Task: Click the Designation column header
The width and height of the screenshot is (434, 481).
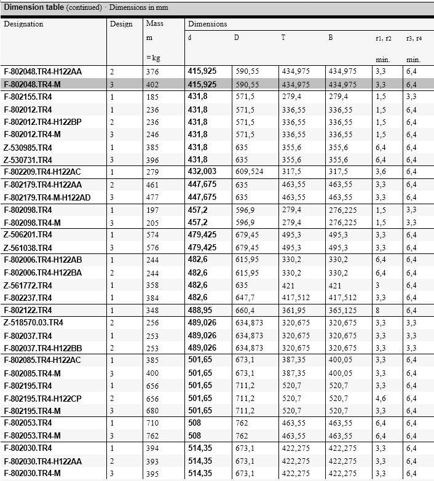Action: (x=24, y=24)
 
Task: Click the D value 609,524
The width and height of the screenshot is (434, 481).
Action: (x=249, y=172)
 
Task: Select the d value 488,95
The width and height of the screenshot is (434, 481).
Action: (x=201, y=309)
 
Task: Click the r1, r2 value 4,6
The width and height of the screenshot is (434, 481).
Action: (x=381, y=398)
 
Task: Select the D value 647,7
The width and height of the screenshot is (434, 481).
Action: (x=244, y=297)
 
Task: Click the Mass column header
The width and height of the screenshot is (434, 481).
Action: (x=153, y=24)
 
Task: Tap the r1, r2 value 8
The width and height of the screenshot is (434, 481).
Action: (x=377, y=309)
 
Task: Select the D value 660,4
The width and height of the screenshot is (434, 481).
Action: (x=244, y=309)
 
